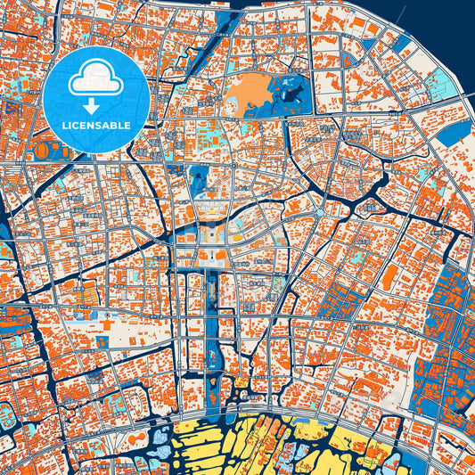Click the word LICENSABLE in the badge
96,126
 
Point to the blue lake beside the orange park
290,90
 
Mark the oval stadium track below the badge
43,152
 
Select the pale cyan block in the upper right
438,87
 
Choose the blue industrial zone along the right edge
450,321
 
